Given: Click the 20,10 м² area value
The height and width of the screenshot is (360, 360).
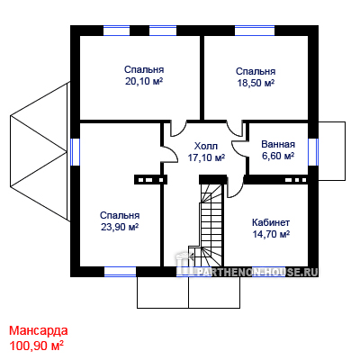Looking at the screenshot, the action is [x=144, y=81].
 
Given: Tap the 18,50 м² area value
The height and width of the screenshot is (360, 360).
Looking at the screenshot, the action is [x=256, y=83].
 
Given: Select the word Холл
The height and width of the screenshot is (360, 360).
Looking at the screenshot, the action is [x=206, y=147].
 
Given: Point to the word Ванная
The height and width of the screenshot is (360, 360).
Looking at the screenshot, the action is [x=278, y=144].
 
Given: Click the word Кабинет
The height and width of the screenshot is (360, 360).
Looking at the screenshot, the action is [x=271, y=222].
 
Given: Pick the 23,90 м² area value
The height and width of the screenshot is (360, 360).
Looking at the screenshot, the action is [x=120, y=227].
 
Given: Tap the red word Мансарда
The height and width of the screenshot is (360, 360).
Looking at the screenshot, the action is [x=39, y=330].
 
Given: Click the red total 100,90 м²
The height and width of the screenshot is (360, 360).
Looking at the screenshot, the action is [x=37, y=346].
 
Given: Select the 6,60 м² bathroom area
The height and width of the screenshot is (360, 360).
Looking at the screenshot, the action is [x=278, y=156].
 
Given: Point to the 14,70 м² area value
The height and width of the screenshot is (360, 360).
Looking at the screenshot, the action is [x=271, y=234].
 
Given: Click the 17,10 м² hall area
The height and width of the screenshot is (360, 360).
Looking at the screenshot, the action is [x=206, y=157].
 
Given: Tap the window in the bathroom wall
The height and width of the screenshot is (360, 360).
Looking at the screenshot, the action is [x=313, y=152].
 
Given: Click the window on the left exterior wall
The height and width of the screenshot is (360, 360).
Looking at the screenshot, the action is [x=75, y=152].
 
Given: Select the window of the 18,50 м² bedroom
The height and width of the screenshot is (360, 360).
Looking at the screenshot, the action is [x=255, y=31].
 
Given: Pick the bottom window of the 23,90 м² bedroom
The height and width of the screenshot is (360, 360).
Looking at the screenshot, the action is [x=120, y=272].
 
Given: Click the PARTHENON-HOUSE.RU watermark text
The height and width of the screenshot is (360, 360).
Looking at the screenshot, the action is [x=257, y=272].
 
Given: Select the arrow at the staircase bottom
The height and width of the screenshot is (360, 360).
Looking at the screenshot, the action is [x=190, y=256].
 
